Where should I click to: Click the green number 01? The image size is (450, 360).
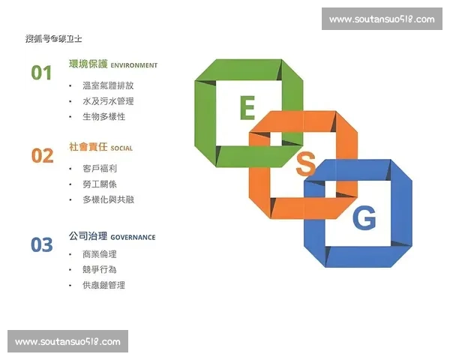click(x=41, y=73)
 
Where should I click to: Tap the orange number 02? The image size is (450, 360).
click(x=42, y=156)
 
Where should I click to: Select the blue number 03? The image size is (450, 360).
click(x=42, y=244)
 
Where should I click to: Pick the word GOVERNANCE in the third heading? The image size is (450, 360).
click(x=134, y=237)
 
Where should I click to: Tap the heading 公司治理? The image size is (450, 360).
click(x=88, y=236)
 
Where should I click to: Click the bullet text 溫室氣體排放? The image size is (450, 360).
click(x=108, y=85)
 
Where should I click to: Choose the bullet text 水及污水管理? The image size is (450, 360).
click(x=108, y=101)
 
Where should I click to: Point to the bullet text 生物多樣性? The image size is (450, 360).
click(x=103, y=117)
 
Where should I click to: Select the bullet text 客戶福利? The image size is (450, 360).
click(x=99, y=169)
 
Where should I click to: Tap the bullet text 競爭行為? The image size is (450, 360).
click(x=99, y=269)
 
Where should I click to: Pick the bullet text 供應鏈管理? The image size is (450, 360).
click(x=103, y=285)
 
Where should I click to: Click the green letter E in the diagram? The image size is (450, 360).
click(x=247, y=109)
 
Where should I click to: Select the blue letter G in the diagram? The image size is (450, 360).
click(x=364, y=218)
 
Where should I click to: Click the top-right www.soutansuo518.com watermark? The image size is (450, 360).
click(x=382, y=19)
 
